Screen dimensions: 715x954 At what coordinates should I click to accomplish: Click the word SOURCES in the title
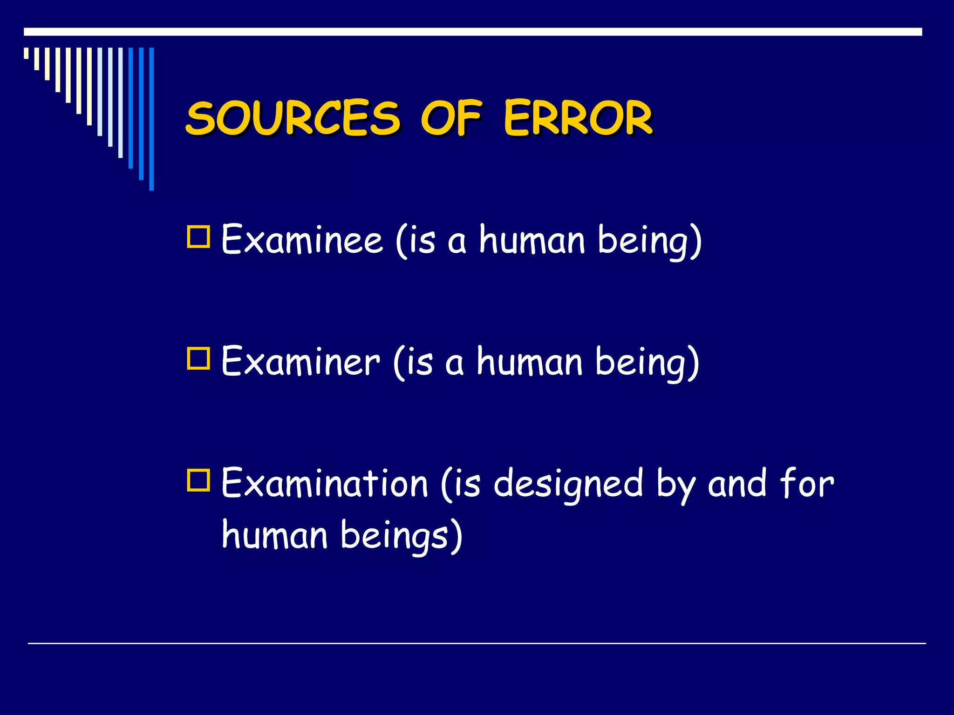[x=293, y=118]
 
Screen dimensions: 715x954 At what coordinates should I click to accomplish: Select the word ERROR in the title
[x=578, y=118]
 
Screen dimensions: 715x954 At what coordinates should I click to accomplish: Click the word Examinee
[x=302, y=240]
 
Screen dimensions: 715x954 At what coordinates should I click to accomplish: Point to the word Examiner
[x=300, y=362]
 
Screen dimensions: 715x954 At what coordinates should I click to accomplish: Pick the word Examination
[x=324, y=484]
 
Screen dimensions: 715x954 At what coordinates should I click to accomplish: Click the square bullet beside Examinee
[x=198, y=236]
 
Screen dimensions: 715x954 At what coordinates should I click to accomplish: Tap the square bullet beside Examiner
[x=198, y=358]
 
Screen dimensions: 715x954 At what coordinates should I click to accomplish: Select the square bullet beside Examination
[x=198, y=480]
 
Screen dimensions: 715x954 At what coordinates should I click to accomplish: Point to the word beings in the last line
[x=396, y=535]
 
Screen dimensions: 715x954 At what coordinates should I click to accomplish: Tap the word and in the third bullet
[x=737, y=484]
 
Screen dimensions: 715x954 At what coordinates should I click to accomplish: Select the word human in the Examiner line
[x=529, y=362]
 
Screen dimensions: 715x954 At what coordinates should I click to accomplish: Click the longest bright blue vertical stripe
[x=151, y=119]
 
